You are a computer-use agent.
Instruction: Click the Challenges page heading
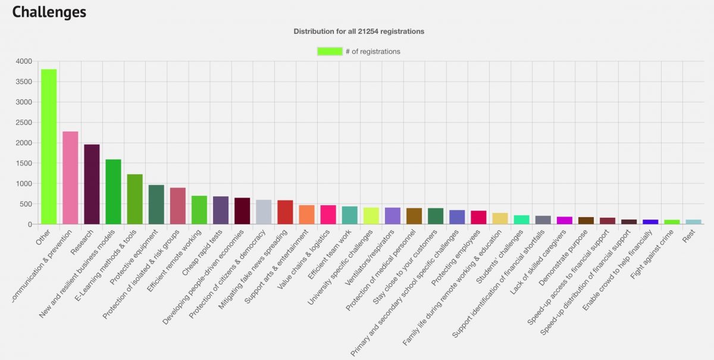pyautogui.click(x=49, y=12)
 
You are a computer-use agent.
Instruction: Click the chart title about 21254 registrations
pyautogui.click(x=359, y=31)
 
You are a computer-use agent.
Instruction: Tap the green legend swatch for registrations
pyautogui.click(x=330, y=51)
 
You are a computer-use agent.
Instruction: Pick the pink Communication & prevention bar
pyautogui.click(x=70, y=178)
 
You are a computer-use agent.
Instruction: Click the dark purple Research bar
pyautogui.click(x=92, y=184)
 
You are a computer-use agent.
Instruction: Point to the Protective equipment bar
pyautogui.click(x=156, y=205)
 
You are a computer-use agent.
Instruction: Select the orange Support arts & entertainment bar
pyautogui.click(x=306, y=215)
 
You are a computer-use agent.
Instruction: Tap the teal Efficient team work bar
pyautogui.click(x=349, y=215)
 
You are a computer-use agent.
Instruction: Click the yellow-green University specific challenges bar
pyautogui.click(x=371, y=216)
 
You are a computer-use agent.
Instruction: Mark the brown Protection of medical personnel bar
pyautogui.click(x=414, y=216)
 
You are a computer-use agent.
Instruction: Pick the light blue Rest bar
pyautogui.click(x=693, y=222)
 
